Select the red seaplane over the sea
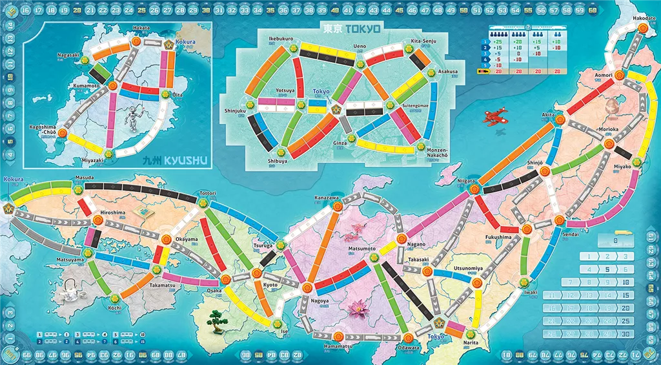495,116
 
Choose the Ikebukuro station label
281,39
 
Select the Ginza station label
340,143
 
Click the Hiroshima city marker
98,220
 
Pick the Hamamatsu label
338,347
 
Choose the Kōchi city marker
115,298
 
